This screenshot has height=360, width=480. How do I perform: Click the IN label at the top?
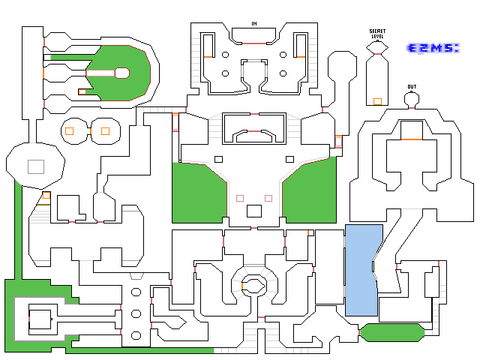click(254, 23)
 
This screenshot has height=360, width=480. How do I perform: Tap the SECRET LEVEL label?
click(377, 34)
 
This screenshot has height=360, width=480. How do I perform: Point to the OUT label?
click(412, 87)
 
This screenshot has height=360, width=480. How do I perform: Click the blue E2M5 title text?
click(433, 48)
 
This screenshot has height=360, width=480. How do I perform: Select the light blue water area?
click(361, 270)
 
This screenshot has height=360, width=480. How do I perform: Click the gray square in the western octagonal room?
click(36, 166)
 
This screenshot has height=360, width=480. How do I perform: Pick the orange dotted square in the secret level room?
click(377, 101)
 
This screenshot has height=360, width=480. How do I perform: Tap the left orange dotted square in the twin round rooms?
click(70, 131)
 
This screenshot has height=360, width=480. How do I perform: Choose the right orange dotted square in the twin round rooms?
click(105, 131)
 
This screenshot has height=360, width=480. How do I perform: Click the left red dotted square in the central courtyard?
click(240, 198)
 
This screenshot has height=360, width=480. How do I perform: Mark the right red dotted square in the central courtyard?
click(268, 198)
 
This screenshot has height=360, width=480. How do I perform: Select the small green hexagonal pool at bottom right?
click(392, 332)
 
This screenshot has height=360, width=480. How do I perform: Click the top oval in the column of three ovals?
click(136, 292)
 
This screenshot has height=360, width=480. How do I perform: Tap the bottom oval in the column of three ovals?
click(136, 335)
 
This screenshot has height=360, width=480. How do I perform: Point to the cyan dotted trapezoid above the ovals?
click(136, 276)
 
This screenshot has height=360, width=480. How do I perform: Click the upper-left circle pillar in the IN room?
click(225, 55)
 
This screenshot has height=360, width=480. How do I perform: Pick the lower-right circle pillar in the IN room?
click(283, 73)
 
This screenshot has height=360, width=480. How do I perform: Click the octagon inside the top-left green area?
click(122, 73)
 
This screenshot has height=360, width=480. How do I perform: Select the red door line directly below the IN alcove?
click(254, 43)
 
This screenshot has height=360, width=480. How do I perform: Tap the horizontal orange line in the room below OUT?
click(412, 139)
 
